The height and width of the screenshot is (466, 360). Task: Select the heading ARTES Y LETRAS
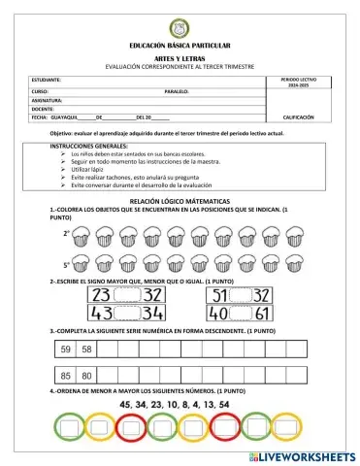coord(180,57)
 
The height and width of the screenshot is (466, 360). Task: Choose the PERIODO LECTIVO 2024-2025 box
coord(297,83)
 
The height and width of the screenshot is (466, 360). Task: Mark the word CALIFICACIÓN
coord(298,118)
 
